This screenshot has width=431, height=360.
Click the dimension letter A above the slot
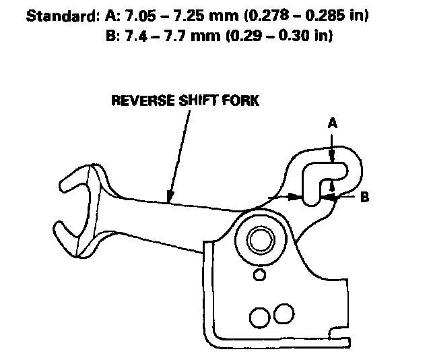click(x=331, y=123)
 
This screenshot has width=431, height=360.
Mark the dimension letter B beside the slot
click(x=363, y=198)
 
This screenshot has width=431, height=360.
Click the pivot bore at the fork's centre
click(x=261, y=239)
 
